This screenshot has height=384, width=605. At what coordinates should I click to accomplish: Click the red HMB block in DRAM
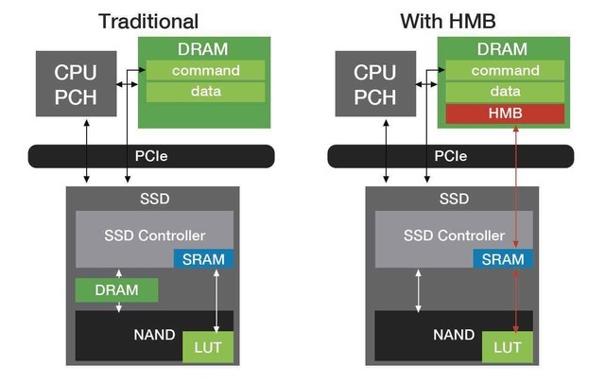click(504, 113)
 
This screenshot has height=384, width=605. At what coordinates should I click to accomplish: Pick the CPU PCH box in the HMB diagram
click(374, 84)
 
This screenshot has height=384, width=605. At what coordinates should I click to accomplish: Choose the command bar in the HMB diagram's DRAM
click(504, 69)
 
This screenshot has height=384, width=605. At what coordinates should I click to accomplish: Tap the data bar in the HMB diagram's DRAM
click(504, 91)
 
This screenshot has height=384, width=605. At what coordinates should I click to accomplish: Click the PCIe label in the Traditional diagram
click(151, 155)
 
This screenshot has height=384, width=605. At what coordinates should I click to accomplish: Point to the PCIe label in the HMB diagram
click(451, 155)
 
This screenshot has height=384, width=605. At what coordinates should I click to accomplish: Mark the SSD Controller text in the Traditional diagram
click(153, 235)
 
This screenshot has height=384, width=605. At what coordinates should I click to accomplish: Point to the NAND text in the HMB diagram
click(454, 334)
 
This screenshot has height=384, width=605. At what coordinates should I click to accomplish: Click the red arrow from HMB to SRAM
click(516, 189)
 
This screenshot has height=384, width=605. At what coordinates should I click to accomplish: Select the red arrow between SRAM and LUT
click(516, 300)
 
